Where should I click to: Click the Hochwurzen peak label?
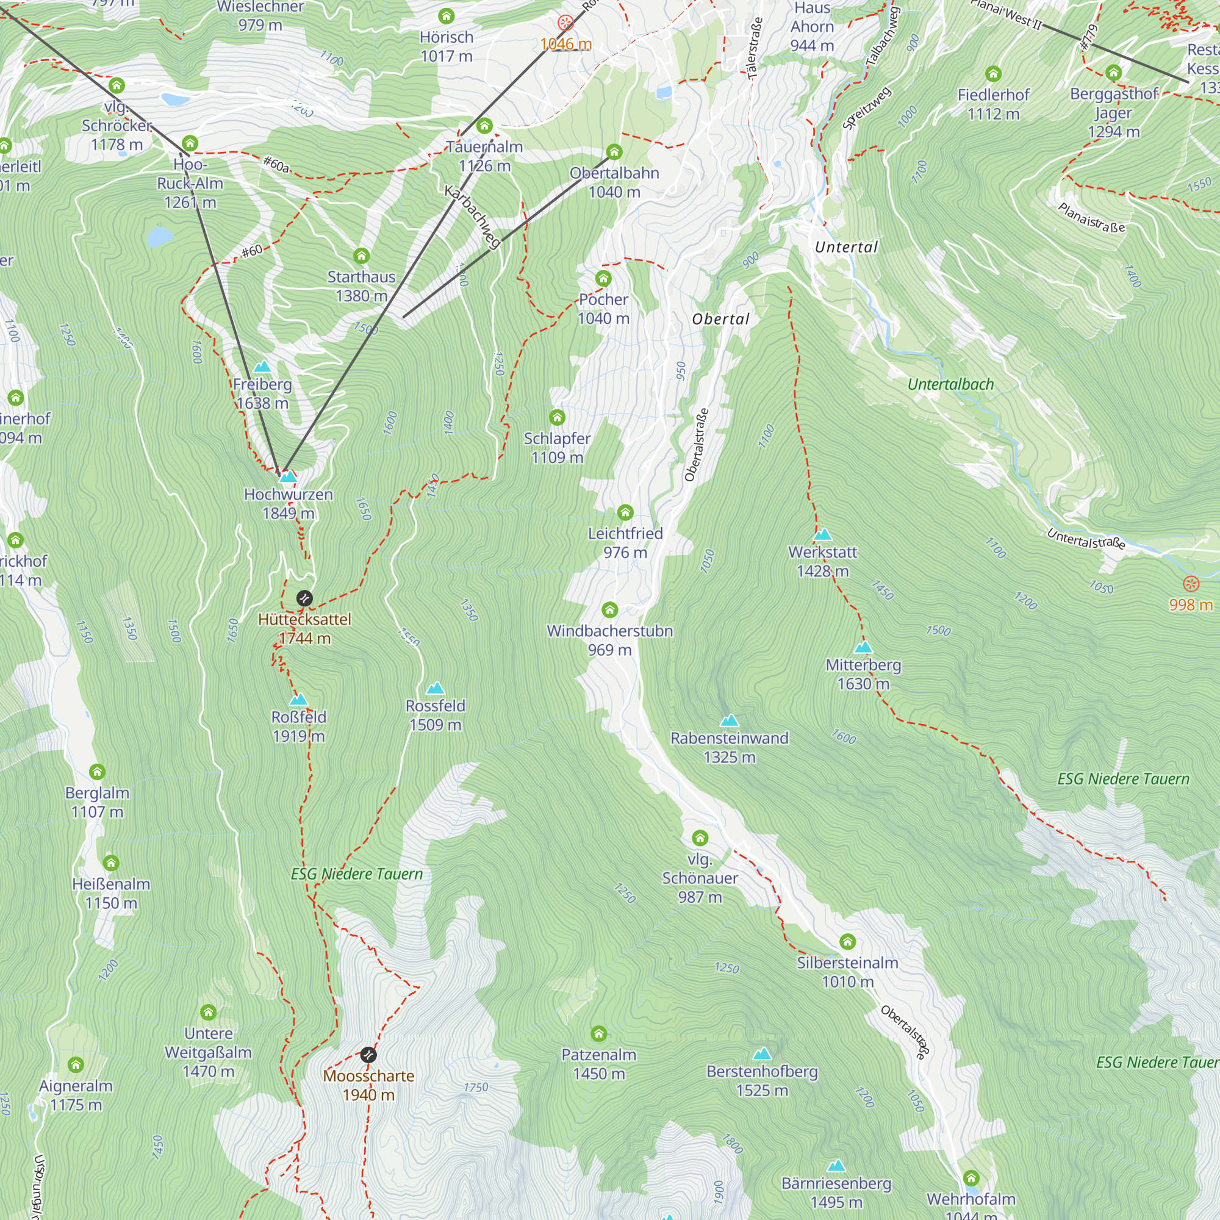[288, 503]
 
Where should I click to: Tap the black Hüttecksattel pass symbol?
[304, 598]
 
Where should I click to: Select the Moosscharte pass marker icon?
[368, 1055]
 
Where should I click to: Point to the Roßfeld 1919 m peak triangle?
[299, 700]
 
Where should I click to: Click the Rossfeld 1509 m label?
[435, 715]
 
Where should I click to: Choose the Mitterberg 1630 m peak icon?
[863, 647]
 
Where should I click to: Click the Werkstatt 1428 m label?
[822, 561]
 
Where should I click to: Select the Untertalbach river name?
[950, 384]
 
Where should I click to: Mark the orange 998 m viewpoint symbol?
[1191, 584]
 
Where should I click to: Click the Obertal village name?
[720, 319]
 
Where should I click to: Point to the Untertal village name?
[846, 247]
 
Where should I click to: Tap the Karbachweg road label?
[472, 216]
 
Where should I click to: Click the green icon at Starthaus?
[361, 256]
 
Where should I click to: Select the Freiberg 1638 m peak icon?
[262, 367]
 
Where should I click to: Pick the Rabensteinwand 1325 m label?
[730, 747]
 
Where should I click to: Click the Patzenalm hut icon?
[598, 1034]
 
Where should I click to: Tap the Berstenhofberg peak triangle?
[762, 1053]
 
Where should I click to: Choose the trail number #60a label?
[276, 165]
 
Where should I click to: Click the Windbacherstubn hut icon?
[609, 609]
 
